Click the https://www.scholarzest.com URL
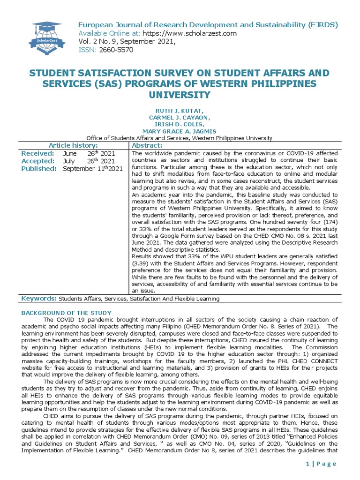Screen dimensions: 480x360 (182, 33)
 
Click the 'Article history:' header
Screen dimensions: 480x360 (73, 145)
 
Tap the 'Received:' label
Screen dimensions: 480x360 (38, 153)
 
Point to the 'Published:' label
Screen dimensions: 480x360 (39, 168)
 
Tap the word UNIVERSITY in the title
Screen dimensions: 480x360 (180, 95)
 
